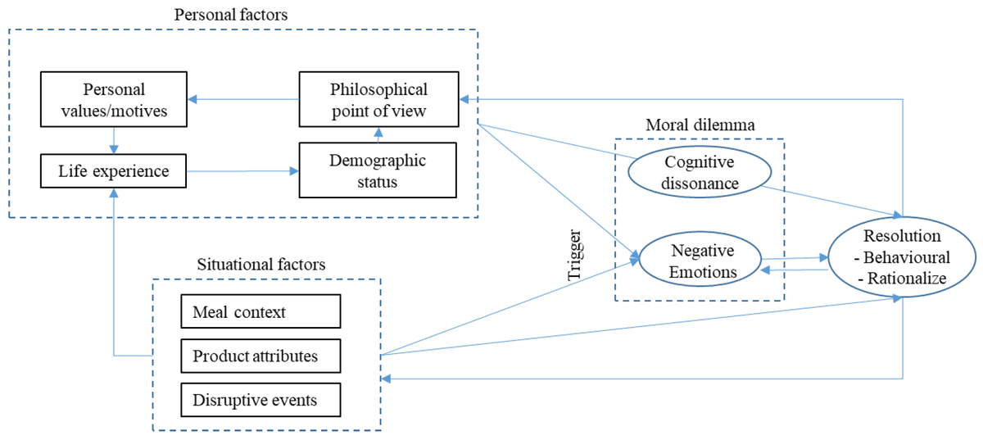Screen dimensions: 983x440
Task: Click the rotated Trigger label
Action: tap(574, 255)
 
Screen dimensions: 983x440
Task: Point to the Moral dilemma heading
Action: tap(700, 125)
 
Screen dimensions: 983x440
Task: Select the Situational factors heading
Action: tap(261, 265)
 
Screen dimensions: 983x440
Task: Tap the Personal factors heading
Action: tap(231, 15)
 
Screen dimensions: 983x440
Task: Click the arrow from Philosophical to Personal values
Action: tap(243, 99)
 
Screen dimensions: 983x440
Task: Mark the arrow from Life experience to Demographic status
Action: tap(242, 170)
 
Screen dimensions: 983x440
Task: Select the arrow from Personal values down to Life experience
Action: tap(114, 140)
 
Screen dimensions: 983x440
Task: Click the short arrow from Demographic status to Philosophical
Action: tap(378, 135)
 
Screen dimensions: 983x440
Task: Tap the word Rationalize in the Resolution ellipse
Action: tap(907, 278)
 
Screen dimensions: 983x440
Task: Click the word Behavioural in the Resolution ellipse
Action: tap(907, 257)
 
